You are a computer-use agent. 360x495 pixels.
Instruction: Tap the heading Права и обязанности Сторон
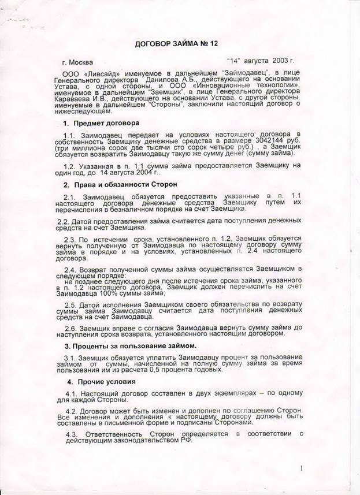[128, 184]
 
